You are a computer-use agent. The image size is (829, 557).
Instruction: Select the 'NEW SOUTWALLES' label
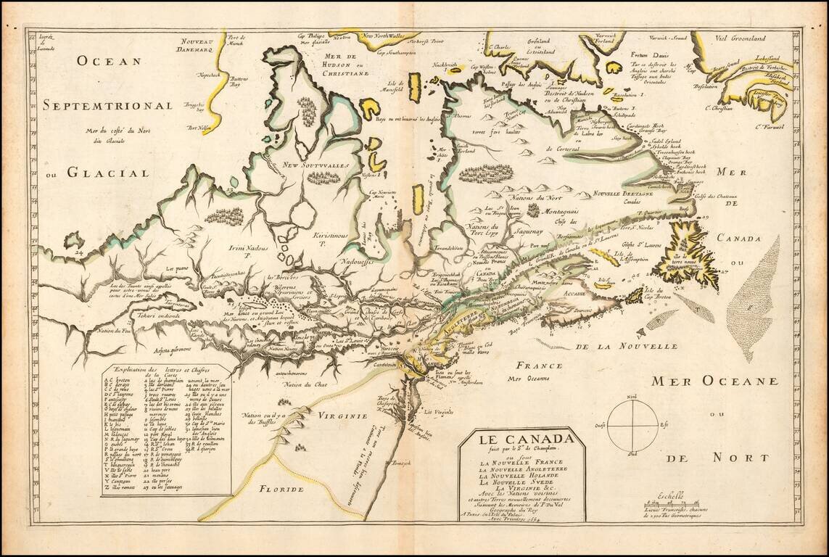coord(316,165)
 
